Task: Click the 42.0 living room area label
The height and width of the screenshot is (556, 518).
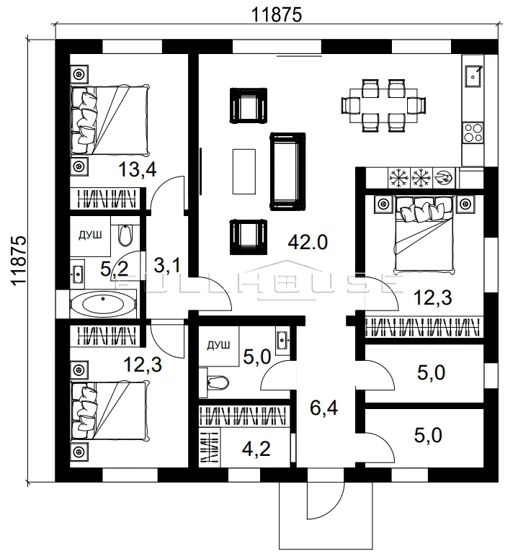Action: click(x=308, y=243)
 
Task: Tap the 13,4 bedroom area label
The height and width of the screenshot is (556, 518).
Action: click(x=138, y=169)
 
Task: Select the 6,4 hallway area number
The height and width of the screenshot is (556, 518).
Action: click(x=324, y=408)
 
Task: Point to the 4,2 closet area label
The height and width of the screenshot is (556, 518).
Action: click(x=256, y=449)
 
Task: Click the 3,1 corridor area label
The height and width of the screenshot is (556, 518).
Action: click(x=167, y=265)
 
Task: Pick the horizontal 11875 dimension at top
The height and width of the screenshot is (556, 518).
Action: click(x=277, y=15)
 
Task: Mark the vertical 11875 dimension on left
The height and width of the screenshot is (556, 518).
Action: click(x=19, y=260)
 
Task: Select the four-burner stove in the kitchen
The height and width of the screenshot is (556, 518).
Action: click(x=473, y=133)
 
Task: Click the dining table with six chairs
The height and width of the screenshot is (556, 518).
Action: click(x=383, y=106)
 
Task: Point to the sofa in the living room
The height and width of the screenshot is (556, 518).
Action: click(x=287, y=171)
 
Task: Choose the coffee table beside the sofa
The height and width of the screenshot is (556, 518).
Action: click(x=244, y=171)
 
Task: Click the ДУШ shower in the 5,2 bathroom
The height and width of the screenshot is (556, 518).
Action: click(x=90, y=236)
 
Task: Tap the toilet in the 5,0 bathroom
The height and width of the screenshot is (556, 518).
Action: click(x=217, y=382)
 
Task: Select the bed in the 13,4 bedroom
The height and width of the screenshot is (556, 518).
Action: click(x=110, y=120)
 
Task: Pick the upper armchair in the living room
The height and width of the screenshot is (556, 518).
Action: click(x=248, y=105)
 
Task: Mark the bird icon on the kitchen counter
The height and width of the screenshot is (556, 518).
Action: click(x=444, y=177)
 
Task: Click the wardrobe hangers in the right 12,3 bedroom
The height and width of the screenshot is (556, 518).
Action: click(x=424, y=327)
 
